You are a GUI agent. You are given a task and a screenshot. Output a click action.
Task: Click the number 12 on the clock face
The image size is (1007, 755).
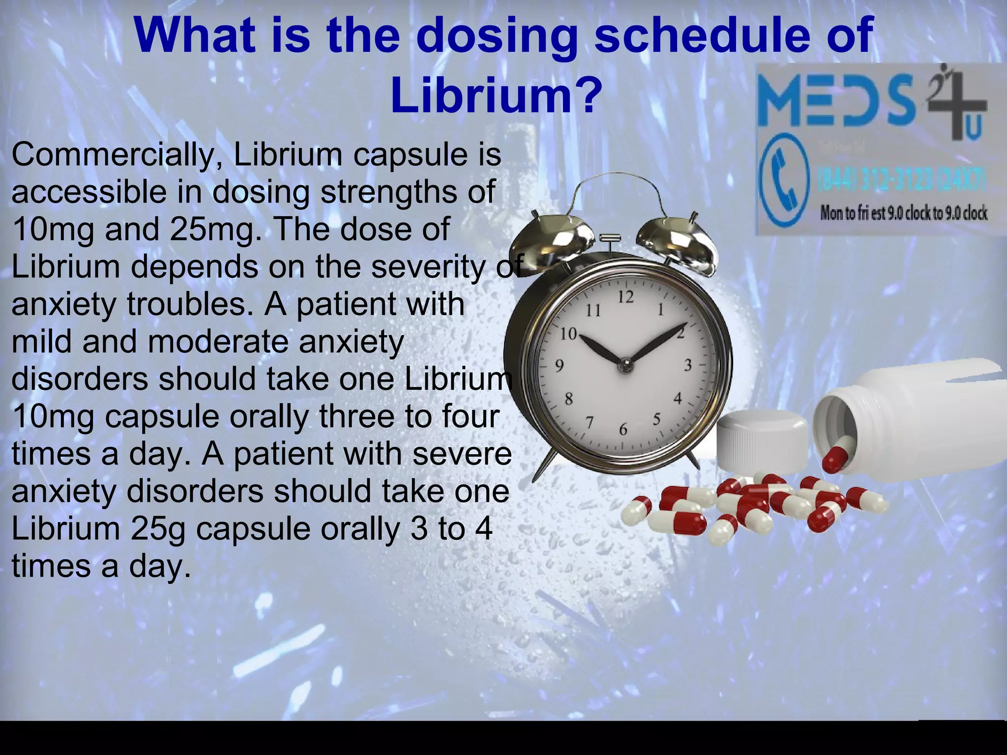(625, 297)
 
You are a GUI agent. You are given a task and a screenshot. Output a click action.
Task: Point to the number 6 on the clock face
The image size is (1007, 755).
(623, 430)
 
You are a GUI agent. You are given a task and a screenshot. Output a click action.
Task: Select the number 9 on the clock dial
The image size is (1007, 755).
(559, 366)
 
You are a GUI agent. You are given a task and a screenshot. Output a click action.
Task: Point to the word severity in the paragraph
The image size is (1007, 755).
(427, 267)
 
